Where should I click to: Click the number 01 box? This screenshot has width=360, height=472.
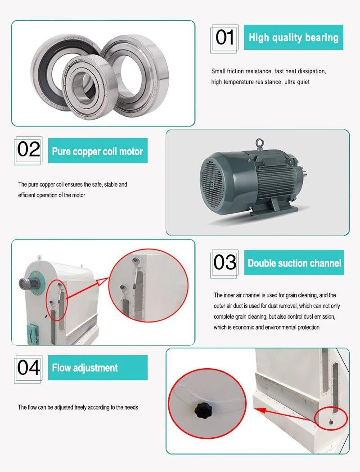[x=225, y=39]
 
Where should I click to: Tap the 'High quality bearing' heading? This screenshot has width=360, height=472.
[x=293, y=37]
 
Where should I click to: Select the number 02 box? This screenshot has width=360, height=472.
[x=28, y=151]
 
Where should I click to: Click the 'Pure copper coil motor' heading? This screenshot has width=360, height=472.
[x=98, y=151]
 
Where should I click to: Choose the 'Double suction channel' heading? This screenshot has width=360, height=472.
[x=294, y=263]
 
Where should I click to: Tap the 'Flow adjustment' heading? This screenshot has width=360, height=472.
[x=98, y=368]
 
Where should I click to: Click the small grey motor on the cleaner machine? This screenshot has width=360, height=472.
[x=25, y=282]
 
